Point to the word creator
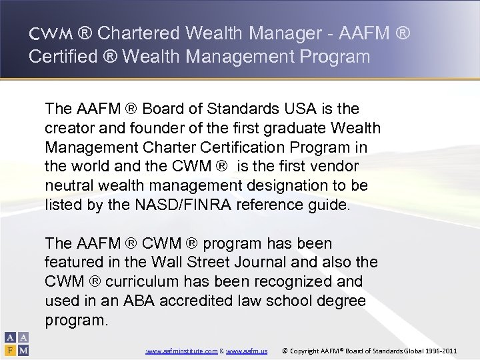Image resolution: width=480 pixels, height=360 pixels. [68, 127]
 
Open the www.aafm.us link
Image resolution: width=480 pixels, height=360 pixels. [247, 349]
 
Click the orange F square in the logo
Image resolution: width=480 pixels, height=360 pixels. [11, 349]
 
